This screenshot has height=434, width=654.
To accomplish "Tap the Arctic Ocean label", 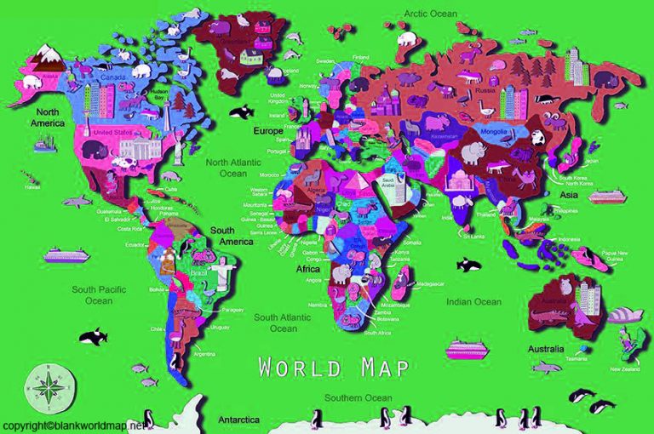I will [x=430, y=14].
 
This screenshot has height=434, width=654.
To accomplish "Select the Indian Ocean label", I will [x=474, y=301].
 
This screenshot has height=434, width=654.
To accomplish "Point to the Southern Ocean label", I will [x=357, y=396].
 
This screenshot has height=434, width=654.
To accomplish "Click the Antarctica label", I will [x=238, y=420].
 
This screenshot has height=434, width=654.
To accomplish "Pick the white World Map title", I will [x=334, y=368].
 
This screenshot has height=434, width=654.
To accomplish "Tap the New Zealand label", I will [x=624, y=369].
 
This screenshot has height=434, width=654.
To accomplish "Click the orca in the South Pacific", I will [x=93, y=336].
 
